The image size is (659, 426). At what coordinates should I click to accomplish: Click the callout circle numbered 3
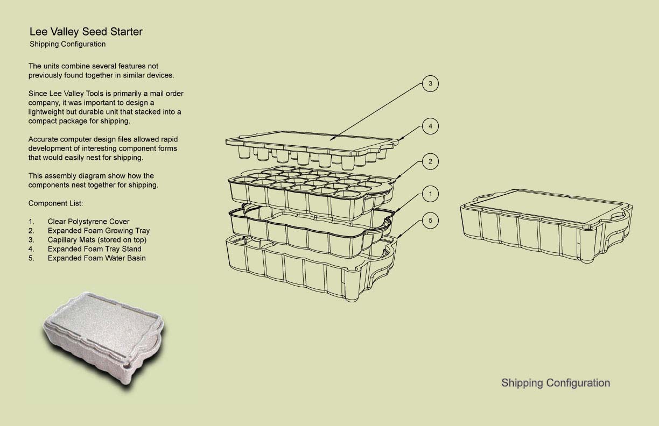[430, 84]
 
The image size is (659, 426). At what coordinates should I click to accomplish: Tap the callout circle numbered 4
[430, 126]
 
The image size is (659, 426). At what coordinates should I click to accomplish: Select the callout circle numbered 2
[430, 161]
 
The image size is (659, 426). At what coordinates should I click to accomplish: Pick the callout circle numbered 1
[430, 194]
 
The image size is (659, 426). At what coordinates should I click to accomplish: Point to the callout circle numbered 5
[430, 221]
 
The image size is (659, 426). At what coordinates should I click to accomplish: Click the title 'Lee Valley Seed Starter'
[86, 32]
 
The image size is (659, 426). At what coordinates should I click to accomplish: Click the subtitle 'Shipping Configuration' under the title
[67, 45]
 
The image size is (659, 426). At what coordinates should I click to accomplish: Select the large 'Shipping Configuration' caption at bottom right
[556, 384]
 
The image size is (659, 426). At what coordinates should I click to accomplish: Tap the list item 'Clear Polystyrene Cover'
[88, 222]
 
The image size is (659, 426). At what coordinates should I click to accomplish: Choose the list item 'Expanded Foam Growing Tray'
[99, 231]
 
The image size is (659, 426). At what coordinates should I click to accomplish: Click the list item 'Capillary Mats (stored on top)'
[97, 240]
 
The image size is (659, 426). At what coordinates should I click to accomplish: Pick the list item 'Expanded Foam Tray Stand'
[94, 249]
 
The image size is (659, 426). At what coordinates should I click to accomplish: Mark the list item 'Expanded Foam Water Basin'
[96, 258]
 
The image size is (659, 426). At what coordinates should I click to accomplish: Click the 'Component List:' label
[55, 203]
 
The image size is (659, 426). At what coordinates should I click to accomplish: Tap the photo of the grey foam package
[103, 341]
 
